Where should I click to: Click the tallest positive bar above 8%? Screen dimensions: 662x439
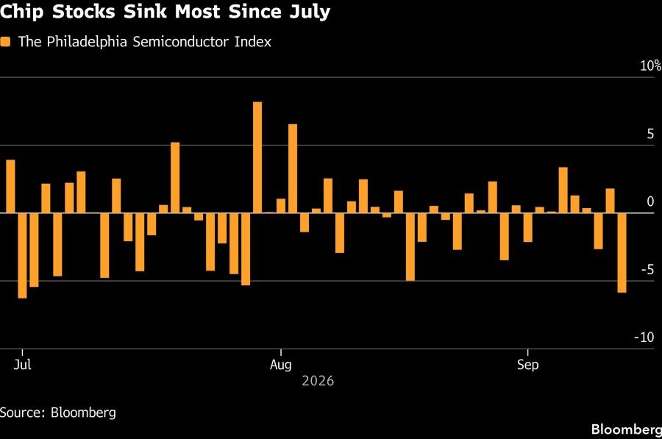257,157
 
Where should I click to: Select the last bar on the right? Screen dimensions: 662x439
622,252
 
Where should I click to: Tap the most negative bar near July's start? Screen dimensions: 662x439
22,255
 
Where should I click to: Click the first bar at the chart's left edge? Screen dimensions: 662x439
10,186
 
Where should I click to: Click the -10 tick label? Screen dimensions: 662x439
644,338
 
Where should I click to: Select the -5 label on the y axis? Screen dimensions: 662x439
647,269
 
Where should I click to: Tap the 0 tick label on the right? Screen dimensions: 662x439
651,201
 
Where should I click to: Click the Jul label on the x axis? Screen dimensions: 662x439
22,364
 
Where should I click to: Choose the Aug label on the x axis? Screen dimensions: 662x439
281,364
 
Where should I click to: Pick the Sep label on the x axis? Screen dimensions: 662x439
527,364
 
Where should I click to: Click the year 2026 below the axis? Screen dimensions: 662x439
318,381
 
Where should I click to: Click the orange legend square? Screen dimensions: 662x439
5,42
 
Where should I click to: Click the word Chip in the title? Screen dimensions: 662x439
21,12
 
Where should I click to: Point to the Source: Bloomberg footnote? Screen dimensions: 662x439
58,413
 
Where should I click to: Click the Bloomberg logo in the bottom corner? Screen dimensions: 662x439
627,429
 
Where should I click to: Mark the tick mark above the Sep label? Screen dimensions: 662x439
527,353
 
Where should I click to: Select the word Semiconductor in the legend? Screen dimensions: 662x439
181,42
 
